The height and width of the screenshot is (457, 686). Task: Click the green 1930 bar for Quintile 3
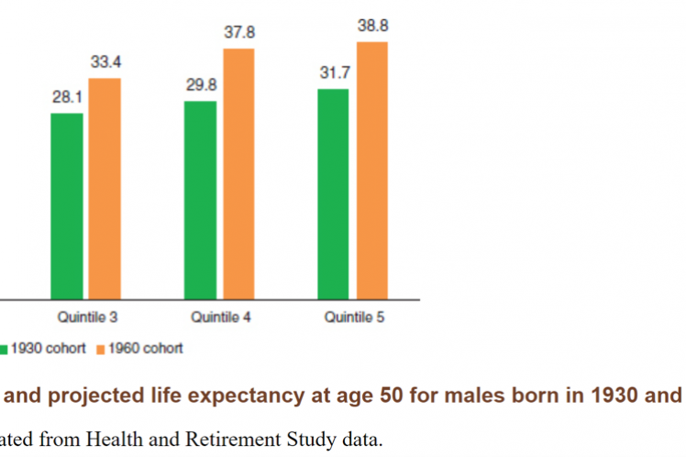coord(66,206)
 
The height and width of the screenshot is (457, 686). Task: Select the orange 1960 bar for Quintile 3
coord(105,188)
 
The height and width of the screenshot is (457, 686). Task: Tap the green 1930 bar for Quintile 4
coord(200,199)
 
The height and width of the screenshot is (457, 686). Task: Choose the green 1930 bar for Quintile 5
coord(334,194)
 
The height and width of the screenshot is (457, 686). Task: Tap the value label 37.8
coord(238,32)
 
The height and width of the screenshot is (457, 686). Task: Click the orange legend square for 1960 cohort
coord(102,349)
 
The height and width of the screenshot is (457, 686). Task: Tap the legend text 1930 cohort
coord(50,349)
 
